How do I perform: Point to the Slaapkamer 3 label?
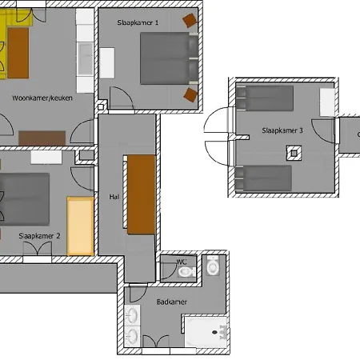(x=282, y=130)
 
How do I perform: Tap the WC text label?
(x=182, y=261)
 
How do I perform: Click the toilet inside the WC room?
(x=186, y=272)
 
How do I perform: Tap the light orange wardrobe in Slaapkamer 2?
(x=80, y=225)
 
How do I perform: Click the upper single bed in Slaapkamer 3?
(x=265, y=99)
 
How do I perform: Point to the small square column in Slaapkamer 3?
(x=294, y=153)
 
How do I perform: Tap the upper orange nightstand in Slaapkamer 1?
(x=190, y=20)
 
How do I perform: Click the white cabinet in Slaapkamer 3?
(x=326, y=102)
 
